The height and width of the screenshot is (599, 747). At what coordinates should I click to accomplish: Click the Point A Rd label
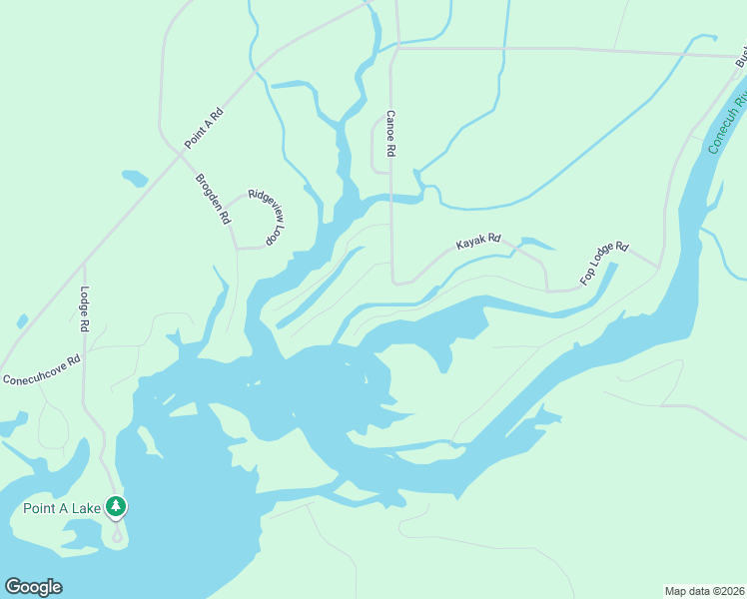204,128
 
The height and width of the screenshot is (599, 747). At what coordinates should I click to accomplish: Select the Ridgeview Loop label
267,218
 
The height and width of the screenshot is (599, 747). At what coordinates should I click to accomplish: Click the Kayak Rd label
477,243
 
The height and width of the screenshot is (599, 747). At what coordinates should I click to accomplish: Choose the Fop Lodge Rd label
606,261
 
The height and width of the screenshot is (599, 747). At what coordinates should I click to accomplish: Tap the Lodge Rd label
85,309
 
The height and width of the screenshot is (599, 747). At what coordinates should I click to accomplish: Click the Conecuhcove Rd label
40,368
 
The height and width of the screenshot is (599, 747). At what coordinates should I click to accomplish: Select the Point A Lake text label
62,508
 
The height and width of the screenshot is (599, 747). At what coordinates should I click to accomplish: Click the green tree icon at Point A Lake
117,507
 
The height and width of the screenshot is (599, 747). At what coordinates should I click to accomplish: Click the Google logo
33,587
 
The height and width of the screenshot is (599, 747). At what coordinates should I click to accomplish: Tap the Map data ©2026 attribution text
704,590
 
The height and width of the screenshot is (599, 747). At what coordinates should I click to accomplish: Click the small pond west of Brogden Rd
134,179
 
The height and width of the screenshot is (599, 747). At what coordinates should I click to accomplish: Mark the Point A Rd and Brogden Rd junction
182,152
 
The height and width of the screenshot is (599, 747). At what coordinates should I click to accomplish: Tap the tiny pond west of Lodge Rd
22,321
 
